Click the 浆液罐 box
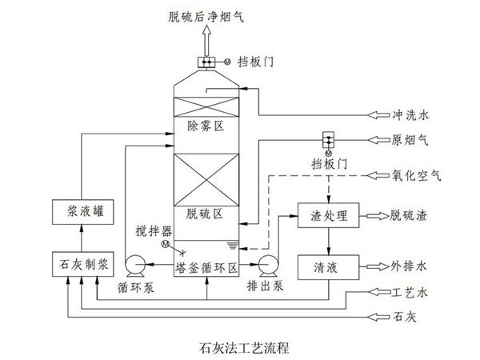[82, 212]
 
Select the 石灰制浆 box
[82, 262]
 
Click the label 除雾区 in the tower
[206, 126]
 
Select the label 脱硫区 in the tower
[206, 214]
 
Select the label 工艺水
[411, 293]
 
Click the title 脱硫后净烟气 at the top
[206, 14]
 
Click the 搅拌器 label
[150, 232]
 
